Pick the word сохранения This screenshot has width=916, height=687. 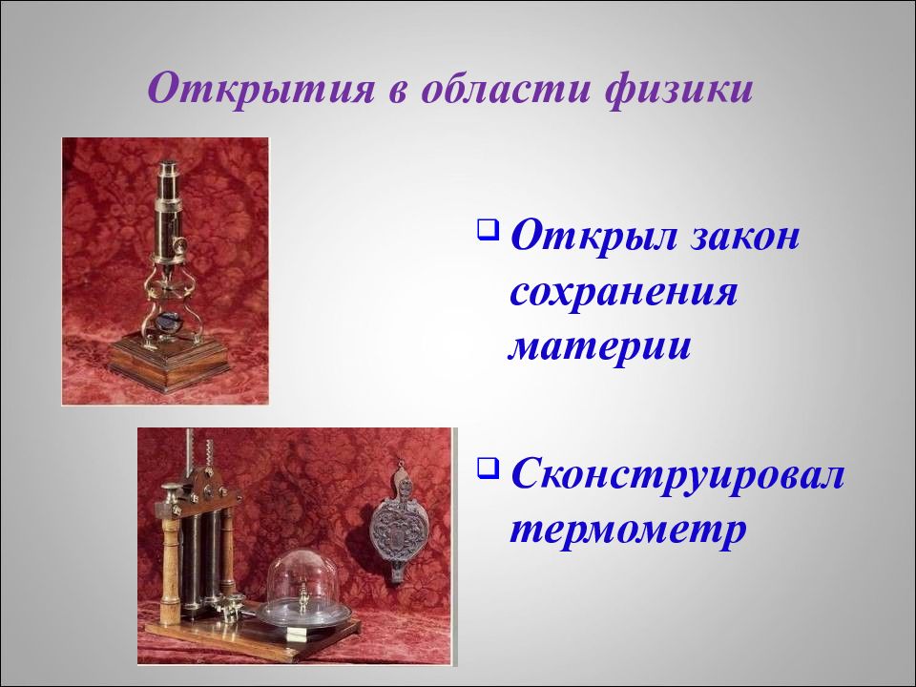(623, 292)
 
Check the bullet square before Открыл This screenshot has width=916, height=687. (489, 229)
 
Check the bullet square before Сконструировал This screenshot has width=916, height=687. (489, 468)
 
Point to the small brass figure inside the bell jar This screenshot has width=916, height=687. (302, 595)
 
